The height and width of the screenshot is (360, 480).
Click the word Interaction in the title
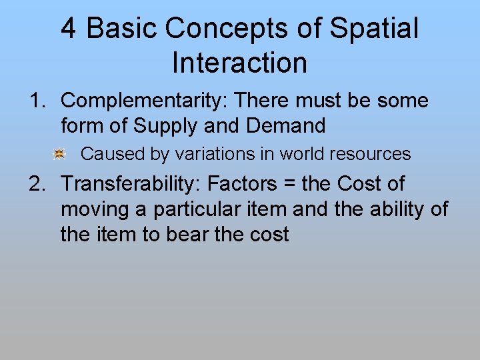(x=239, y=63)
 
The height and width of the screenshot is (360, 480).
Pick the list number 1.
(x=35, y=101)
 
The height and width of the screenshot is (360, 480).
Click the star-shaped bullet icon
(x=59, y=155)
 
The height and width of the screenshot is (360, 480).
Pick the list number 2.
(x=35, y=184)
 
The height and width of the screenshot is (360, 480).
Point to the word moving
(x=102, y=210)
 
